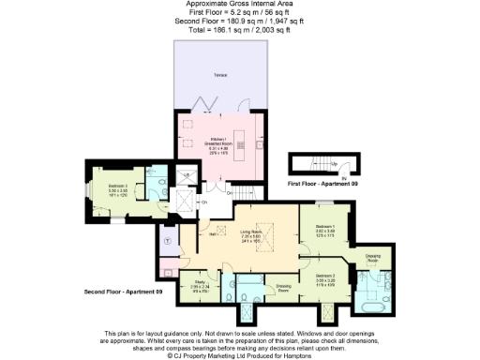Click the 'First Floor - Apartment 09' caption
(323, 184)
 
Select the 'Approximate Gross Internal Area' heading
(240, 5)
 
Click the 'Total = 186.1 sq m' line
(240, 30)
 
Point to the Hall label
(213, 234)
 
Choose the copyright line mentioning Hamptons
(240, 356)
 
